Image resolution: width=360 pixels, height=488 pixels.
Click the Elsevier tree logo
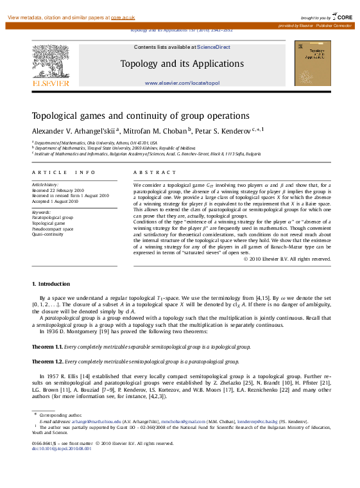click(51, 62)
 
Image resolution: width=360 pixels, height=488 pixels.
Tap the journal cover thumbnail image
click(313, 64)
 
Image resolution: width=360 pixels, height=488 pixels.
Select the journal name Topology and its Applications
click(182, 64)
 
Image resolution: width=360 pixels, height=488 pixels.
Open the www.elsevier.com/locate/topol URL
click(182, 83)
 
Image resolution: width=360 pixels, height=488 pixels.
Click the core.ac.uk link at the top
click(123, 17)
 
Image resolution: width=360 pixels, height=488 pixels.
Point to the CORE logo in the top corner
click(342, 17)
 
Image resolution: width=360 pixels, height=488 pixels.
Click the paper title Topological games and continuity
click(132, 116)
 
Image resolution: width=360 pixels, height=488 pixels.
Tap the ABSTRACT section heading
click(154, 173)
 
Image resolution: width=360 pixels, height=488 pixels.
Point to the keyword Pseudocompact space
click(53, 228)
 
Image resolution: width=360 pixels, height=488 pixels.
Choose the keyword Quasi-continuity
click(48, 234)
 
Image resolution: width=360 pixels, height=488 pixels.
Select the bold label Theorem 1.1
click(47, 347)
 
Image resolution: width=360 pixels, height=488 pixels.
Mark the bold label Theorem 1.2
click(47, 362)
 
